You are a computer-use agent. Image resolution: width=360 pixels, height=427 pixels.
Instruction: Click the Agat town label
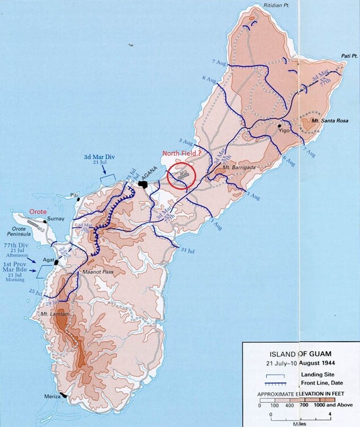click(x=48, y=261)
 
